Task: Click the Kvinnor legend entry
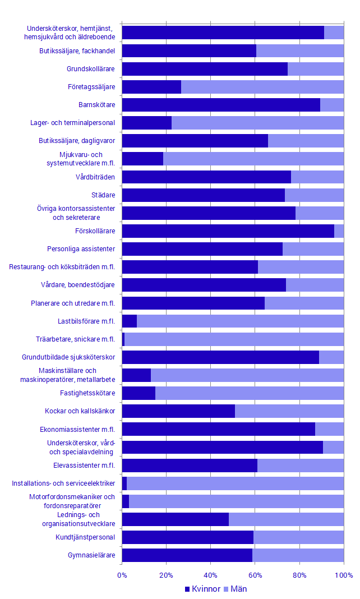pyautogui.click(x=202, y=589)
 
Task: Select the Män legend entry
pyautogui.click(x=234, y=589)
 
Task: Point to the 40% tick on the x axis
pyautogui.click(x=211, y=575)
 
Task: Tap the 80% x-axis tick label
pyautogui.click(x=299, y=575)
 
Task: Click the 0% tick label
pyautogui.click(x=122, y=575)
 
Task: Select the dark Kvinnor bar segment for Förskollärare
pyautogui.click(x=228, y=231)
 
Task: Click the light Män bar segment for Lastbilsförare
pyautogui.click(x=240, y=321)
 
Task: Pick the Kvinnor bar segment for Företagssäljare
pyautogui.click(x=151, y=87)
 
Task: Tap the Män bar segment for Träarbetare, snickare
pyautogui.click(x=234, y=339)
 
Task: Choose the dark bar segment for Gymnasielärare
pyautogui.click(x=187, y=555)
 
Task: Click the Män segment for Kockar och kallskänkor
pyautogui.click(x=289, y=411)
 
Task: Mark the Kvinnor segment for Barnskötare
pyautogui.click(x=221, y=105)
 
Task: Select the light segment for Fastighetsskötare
pyautogui.click(x=250, y=393)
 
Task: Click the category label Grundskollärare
pyautogui.click(x=91, y=69)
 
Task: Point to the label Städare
pyautogui.click(x=103, y=195)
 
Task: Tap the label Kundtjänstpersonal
pyautogui.click(x=85, y=537)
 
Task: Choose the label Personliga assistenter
pyautogui.click(x=81, y=249)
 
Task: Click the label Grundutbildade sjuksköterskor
pyautogui.click(x=68, y=357)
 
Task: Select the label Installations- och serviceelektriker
pyautogui.click(x=63, y=483)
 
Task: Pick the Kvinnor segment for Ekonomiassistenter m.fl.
pyautogui.click(x=218, y=429)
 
